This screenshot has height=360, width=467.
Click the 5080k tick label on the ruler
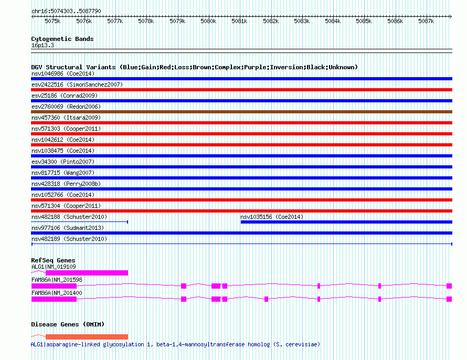coord(208,21)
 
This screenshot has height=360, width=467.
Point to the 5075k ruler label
coord(52,21)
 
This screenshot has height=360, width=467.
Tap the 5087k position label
coord(426,21)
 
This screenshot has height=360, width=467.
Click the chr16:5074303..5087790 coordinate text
coord(66,12)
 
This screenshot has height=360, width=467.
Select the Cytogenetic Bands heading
coord(62,39)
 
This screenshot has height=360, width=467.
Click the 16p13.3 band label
coord(43,45)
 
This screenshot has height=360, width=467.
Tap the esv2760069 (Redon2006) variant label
coord(66,107)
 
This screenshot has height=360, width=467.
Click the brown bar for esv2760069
coord(241,112)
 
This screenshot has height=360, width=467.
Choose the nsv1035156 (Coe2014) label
coord(272,217)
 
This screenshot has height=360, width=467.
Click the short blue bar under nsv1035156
coord(346,222)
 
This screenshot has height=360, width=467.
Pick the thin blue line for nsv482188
coord(80,222)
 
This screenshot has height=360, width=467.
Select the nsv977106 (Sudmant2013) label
coord(68,228)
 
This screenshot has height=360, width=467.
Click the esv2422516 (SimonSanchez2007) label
coord(77,84)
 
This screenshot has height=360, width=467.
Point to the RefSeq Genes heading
coord(53,260)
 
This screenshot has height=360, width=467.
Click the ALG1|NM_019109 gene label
coord(54,267)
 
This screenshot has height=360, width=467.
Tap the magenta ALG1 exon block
coord(87,273)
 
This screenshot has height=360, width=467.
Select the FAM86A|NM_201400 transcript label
coord(57,293)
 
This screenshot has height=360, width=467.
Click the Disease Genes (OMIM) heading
coord(68,324)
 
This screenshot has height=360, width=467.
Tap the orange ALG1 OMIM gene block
coord(87,337)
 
